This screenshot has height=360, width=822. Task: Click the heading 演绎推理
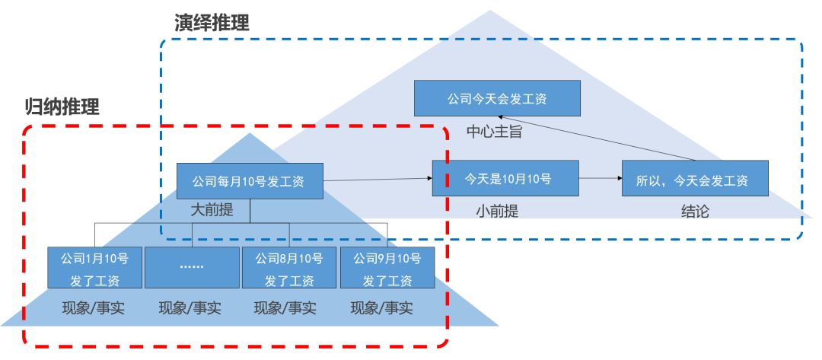pyautogui.click(x=212, y=23)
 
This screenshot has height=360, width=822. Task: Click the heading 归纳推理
pyautogui.click(x=62, y=107)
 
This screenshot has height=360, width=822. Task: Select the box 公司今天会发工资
pyautogui.click(x=497, y=98)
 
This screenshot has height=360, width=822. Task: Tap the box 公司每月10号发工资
pyautogui.click(x=248, y=182)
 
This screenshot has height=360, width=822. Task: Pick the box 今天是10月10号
pyautogui.click(x=505, y=179)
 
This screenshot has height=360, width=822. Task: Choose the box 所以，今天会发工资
pyautogui.click(x=694, y=179)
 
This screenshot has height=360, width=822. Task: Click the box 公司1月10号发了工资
pyautogui.click(x=94, y=268)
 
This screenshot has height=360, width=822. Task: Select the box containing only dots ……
pyautogui.click(x=192, y=268)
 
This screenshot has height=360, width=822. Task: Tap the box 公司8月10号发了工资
pyautogui.click(x=289, y=268)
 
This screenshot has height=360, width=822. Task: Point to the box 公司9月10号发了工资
pyautogui.click(x=387, y=268)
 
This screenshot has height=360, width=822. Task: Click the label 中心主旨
pyautogui.click(x=494, y=132)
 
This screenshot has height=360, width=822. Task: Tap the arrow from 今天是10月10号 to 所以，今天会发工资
pyautogui.click(x=600, y=179)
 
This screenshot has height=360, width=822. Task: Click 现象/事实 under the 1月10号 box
pyautogui.click(x=94, y=308)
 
